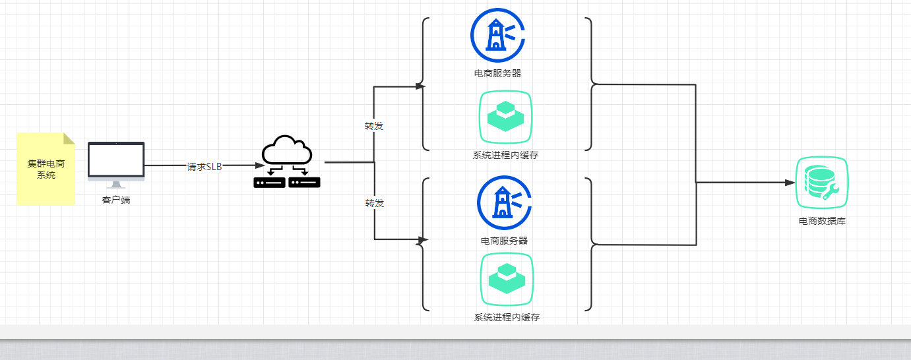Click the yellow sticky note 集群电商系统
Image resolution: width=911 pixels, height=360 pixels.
pos(46,169)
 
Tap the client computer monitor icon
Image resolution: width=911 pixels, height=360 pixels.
pos(116,162)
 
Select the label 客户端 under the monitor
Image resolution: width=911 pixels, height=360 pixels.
pos(116,200)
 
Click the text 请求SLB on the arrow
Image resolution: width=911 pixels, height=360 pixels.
pos(204,166)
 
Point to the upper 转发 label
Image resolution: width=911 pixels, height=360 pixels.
pos(374,125)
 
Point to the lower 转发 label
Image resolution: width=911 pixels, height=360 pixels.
pos(375,203)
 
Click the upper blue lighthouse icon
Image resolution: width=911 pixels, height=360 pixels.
pos(497,35)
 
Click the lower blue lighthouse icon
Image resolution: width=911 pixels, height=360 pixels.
pos(504,202)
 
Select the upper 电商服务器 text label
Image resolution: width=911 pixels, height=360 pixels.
pos(497,73)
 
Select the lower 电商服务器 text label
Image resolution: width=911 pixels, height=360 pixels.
pos(504,241)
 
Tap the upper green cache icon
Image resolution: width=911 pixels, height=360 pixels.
pos(505,117)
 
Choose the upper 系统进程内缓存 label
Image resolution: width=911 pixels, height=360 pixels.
pos(506,156)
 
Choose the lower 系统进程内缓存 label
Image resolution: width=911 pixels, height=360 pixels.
pos(507,317)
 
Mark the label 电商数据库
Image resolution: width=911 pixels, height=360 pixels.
pos(822,221)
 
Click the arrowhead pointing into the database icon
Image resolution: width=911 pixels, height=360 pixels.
pos(790,183)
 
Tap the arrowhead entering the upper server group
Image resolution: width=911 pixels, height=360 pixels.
pos(420,86)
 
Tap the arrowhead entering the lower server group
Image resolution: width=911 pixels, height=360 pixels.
pos(424,239)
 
